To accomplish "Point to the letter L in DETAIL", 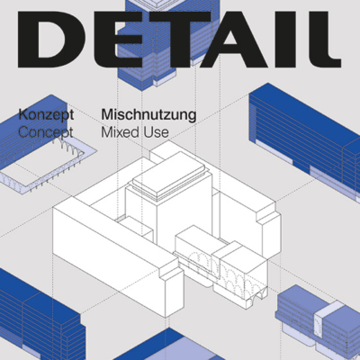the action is tap(319, 40).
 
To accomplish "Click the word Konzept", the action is tap(46, 115).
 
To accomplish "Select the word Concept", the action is tap(46, 132).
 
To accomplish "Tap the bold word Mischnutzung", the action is tap(148, 115).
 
